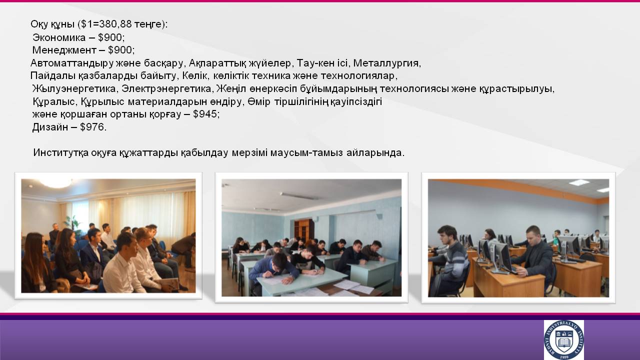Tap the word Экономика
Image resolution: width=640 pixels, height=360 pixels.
point(59,37)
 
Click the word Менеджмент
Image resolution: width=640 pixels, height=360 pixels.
point(64,50)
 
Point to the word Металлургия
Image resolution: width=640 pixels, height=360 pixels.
point(386,63)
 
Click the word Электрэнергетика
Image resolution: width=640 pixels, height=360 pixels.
point(166,89)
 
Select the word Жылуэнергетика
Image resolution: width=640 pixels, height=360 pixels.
point(73,89)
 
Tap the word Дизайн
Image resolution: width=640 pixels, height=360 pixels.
point(50,127)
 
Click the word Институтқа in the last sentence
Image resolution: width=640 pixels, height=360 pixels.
point(61,153)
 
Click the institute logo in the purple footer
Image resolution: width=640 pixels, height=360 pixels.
point(563,340)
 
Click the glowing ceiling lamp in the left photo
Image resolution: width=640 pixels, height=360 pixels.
point(56,183)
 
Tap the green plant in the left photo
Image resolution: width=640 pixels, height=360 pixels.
point(71,223)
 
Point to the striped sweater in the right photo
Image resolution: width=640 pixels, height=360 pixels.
point(455,261)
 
